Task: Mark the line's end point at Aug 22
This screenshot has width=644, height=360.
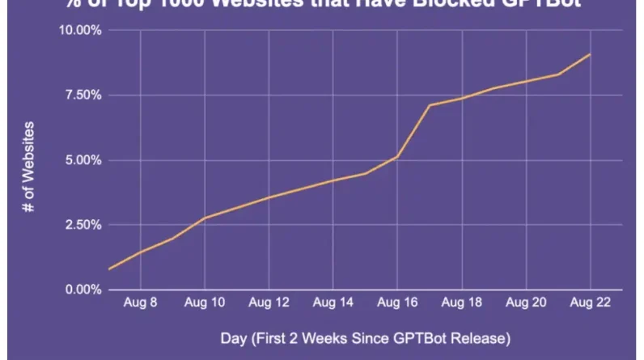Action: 590,54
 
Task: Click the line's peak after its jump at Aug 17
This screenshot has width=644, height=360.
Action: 430,105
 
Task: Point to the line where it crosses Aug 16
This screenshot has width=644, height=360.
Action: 397,156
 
